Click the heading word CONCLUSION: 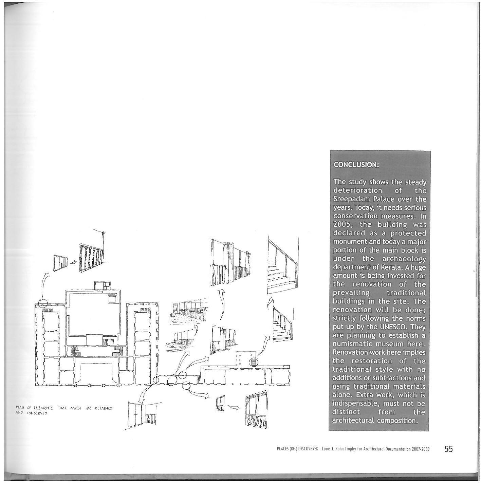(356, 165)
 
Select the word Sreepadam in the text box (350, 199)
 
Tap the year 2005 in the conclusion (342, 224)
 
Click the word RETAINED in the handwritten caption (103, 408)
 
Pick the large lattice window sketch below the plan (257, 410)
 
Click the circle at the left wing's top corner (43, 303)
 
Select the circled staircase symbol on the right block (253, 363)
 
